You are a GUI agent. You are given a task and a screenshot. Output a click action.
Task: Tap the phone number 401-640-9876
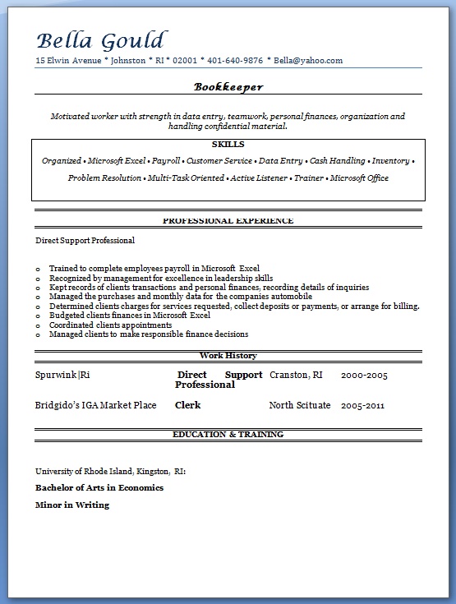[236, 61]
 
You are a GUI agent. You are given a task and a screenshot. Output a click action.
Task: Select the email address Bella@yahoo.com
[308, 61]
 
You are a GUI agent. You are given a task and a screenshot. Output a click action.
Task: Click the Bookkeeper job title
[228, 86]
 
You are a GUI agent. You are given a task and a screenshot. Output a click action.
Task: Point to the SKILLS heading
[228, 144]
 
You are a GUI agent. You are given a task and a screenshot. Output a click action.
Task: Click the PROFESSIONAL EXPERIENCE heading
[228, 220]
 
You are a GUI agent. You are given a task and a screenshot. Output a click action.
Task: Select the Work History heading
[228, 356]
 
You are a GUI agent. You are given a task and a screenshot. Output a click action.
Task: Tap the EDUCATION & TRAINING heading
[228, 434]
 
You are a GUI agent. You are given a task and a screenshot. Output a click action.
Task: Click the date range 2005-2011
[362, 405]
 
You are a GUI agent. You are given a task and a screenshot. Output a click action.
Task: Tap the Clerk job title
[187, 405]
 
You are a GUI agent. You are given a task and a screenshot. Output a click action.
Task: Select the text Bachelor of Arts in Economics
[99, 487]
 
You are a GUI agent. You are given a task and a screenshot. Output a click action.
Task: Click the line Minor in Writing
[72, 505]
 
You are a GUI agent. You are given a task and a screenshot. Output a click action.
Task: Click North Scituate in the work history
[300, 405]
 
